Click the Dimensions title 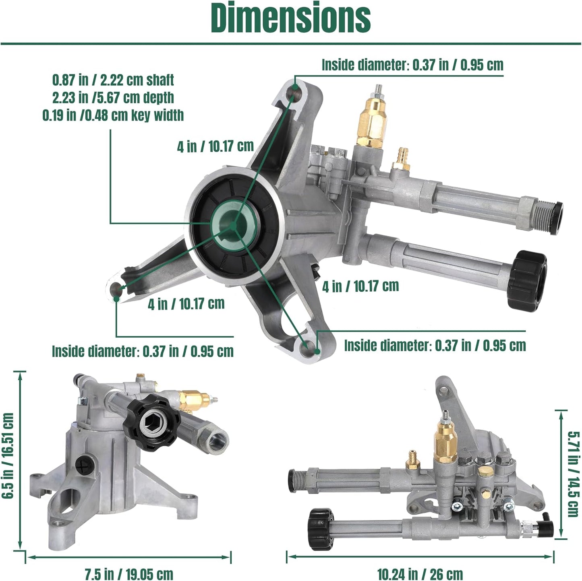[290, 18]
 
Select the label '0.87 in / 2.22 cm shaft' [113, 80]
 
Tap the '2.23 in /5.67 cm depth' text [113, 97]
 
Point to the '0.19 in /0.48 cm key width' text [113, 115]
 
